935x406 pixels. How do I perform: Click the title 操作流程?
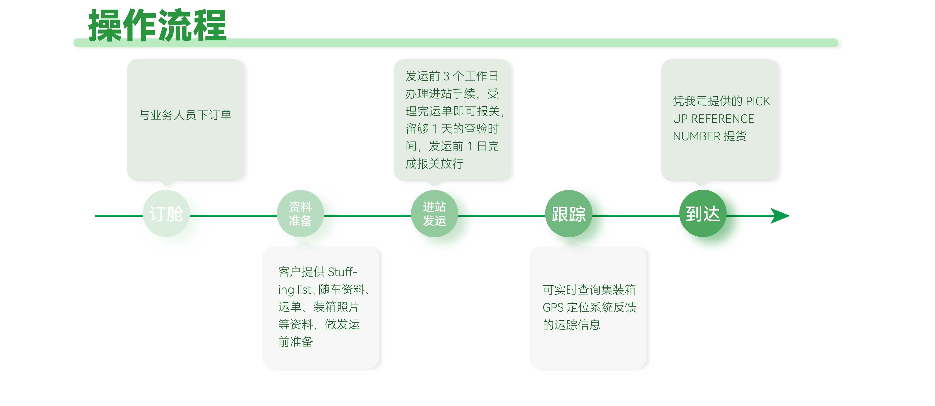[157, 25]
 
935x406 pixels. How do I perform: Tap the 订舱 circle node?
[166, 214]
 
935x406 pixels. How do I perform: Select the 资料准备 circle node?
[300, 214]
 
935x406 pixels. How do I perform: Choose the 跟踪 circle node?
[568, 214]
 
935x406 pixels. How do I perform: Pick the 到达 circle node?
[702, 214]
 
